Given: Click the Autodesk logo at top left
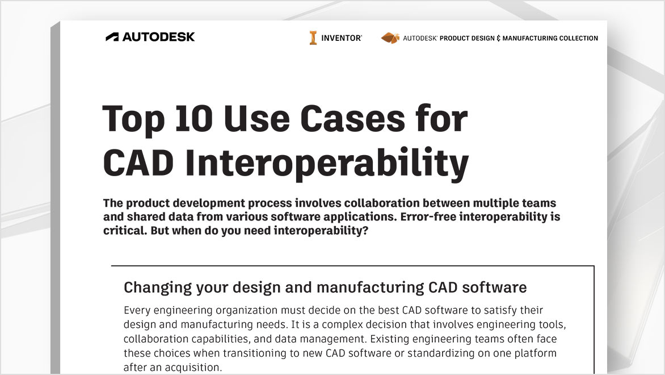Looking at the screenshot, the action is point(150,37).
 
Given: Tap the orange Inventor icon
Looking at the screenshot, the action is point(313,38).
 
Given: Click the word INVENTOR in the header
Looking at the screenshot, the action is point(341,38).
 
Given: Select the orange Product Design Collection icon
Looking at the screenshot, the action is point(390,38).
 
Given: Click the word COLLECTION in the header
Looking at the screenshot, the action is point(579,38).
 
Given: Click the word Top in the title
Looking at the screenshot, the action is point(133,120).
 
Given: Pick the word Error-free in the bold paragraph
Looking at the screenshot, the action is point(428,216).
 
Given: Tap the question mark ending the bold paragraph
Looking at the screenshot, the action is point(365,230).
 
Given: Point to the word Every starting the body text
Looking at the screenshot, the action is point(137,310).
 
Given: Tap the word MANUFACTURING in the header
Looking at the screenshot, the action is point(530,38).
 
